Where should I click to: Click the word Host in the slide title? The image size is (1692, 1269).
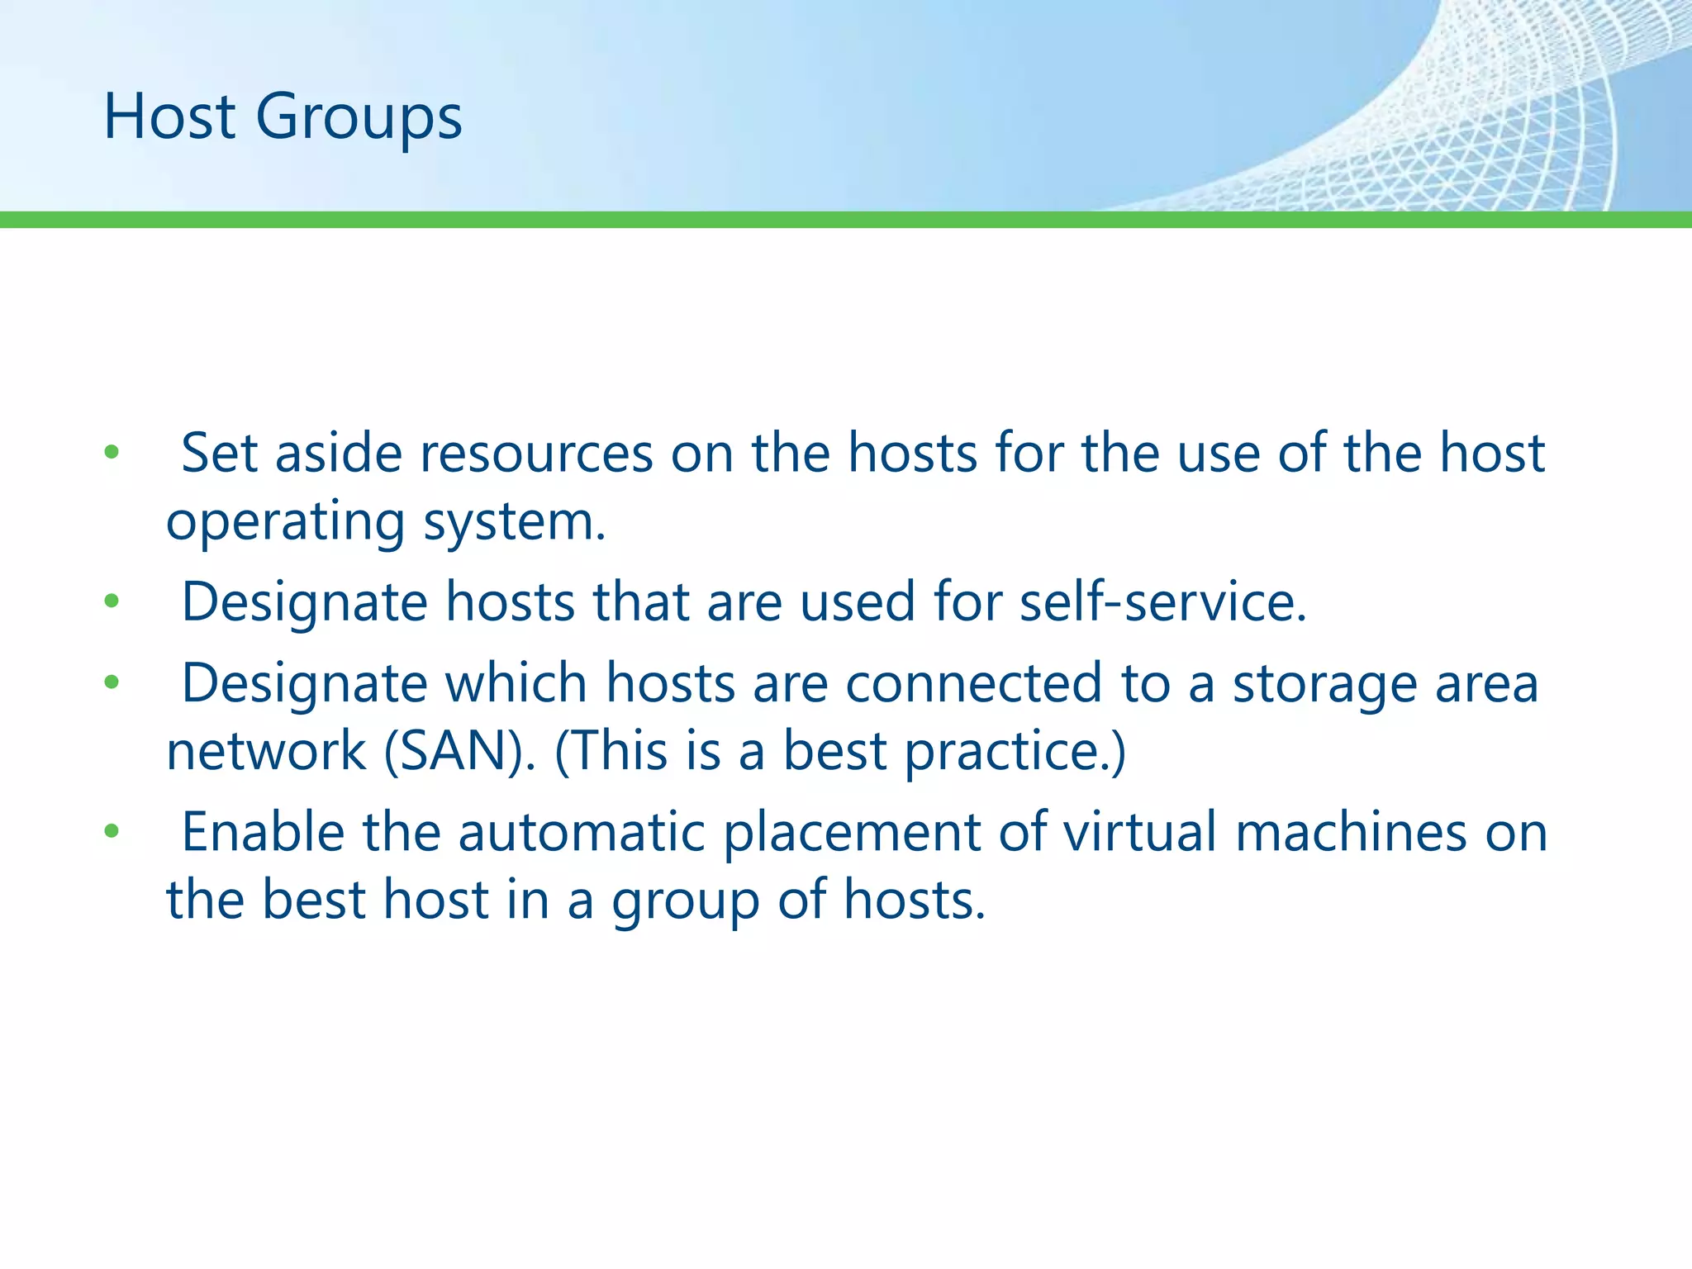(169, 117)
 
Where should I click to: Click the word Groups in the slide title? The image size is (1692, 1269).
(359, 117)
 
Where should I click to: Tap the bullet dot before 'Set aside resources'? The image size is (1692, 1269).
(112, 453)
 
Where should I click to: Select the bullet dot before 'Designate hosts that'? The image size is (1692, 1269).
(112, 601)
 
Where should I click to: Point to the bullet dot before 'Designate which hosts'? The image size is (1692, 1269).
(112, 682)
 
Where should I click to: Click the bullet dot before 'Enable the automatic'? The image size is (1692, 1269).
(112, 831)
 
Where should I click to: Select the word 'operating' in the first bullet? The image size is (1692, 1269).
(285, 522)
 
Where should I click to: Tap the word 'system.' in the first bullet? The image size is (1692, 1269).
(514, 522)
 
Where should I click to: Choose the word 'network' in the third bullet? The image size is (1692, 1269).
(266, 751)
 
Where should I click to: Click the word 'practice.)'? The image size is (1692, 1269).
(1015, 751)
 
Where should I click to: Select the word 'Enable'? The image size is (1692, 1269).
(263, 831)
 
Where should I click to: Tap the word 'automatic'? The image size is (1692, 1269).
(582, 831)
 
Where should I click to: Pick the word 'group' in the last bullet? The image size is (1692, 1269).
(685, 901)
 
